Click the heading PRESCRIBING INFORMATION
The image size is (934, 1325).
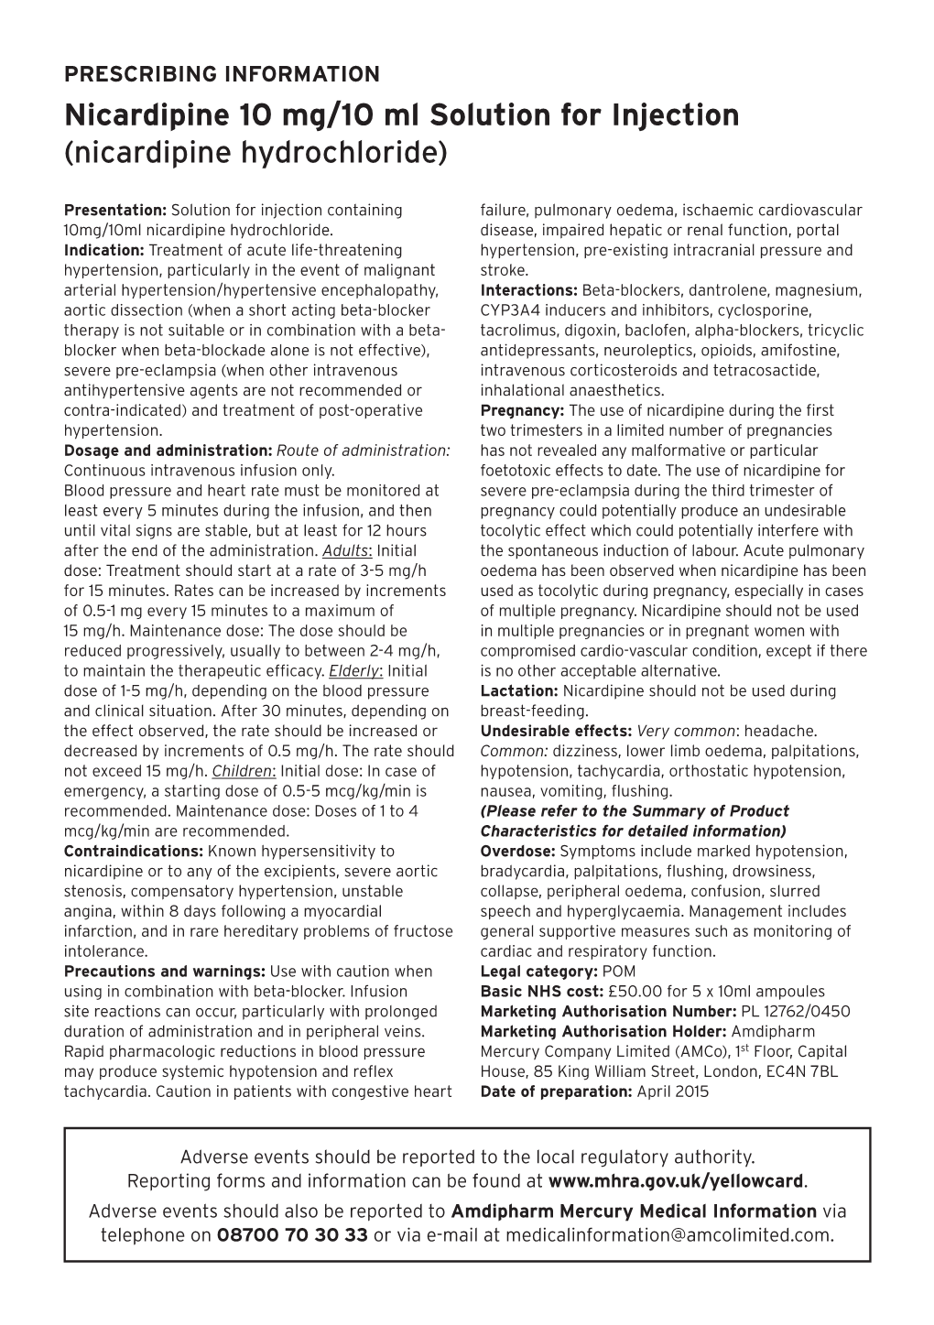(223, 74)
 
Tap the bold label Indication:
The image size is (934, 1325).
(104, 250)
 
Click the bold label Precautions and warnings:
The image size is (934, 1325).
(165, 972)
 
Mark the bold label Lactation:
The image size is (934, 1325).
(518, 691)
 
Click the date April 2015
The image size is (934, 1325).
(673, 1091)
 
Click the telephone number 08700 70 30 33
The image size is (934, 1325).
(292, 1234)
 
